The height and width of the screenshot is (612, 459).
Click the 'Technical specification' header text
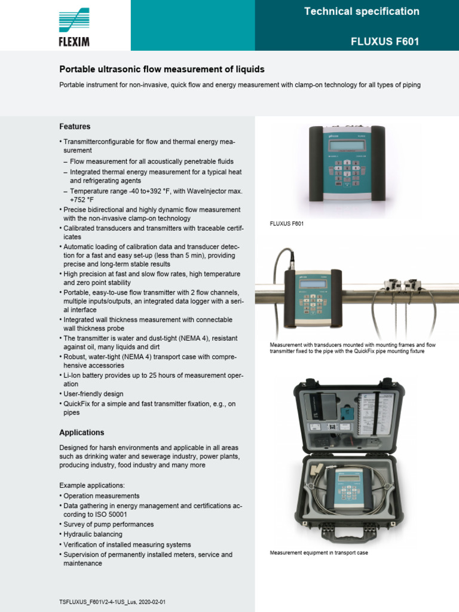362,11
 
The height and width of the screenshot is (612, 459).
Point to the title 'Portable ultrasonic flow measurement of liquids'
161,69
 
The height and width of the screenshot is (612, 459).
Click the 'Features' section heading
75,127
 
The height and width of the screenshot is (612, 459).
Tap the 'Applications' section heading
81,432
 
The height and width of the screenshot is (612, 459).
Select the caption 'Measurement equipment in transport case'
319,553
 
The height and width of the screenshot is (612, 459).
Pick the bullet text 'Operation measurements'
101,496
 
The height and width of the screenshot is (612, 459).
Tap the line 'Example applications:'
92,485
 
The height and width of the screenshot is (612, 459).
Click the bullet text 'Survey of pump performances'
108,524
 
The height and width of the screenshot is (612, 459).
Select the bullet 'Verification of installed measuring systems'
127,544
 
